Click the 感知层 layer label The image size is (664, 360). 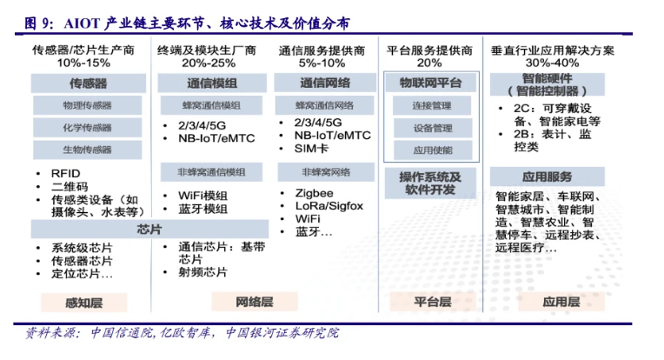84,303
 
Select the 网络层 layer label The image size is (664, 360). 255,302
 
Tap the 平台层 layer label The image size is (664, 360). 432,302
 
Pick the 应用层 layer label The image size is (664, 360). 561,302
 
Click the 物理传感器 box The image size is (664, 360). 87,106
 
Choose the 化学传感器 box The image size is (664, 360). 87,128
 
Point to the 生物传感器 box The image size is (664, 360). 87,150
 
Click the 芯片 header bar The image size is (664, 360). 149,230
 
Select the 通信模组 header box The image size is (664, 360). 212,83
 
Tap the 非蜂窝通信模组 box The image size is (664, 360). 211,171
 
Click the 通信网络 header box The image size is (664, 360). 325,83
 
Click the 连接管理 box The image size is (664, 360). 432,106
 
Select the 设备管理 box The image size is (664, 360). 432,128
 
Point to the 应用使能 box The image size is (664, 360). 432,150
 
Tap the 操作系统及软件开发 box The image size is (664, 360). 432,183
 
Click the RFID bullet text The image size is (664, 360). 65,173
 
